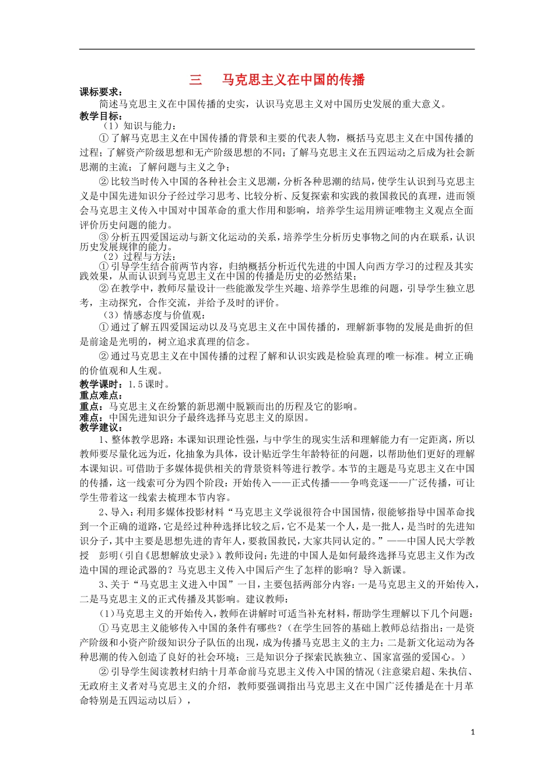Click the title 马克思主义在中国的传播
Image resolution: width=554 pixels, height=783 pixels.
click(x=293, y=80)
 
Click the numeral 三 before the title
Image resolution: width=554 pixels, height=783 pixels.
click(x=196, y=80)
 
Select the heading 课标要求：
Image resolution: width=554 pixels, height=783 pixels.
click(x=101, y=92)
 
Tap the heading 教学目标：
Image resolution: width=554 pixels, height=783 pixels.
click(x=101, y=116)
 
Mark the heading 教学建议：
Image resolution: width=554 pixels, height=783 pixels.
click(x=101, y=428)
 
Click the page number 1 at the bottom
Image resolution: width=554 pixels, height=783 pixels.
click(x=472, y=732)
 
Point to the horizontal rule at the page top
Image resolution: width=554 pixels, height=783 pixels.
click(x=277, y=49)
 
